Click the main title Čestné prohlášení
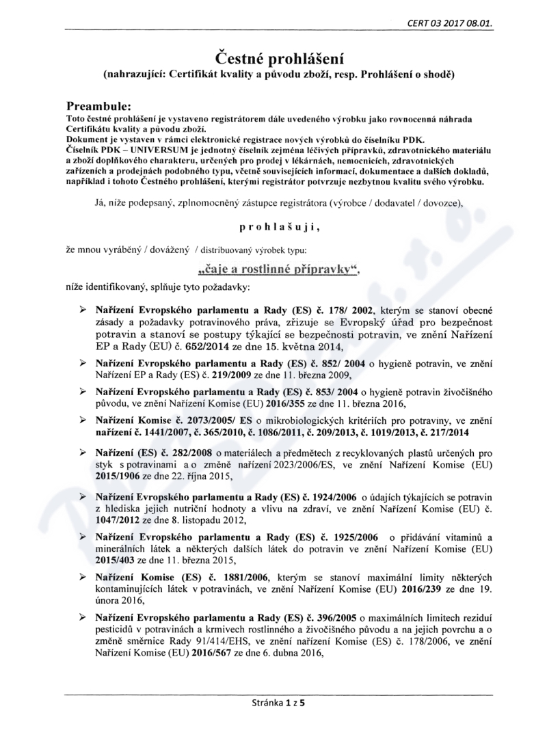pyautogui.click(x=273, y=55)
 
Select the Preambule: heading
pyautogui.click(x=99, y=107)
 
